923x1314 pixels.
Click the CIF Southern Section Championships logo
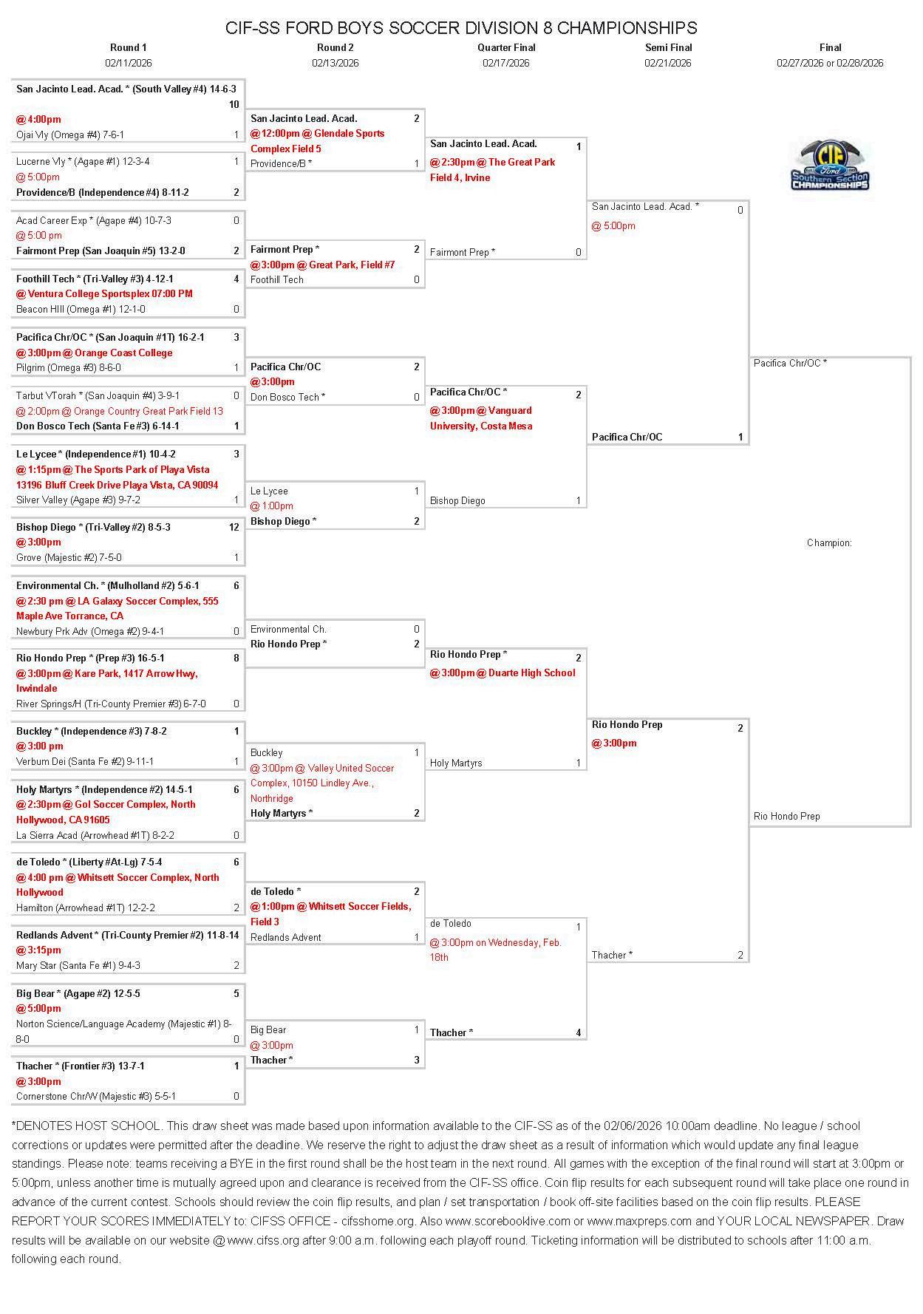[x=830, y=166]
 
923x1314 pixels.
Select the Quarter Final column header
[x=506, y=47]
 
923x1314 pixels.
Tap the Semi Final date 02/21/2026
[x=667, y=63]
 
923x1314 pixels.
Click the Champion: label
[x=829, y=543]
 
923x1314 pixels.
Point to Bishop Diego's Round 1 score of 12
[x=234, y=527]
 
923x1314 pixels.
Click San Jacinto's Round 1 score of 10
[x=234, y=104]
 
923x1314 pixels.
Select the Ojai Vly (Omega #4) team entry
[x=70, y=135]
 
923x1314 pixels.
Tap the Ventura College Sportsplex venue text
[x=104, y=293]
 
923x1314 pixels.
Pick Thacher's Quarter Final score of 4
[x=579, y=1033]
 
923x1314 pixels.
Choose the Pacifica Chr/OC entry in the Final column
[x=790, y=363]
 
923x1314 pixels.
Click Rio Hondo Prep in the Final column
[x=786, y=817]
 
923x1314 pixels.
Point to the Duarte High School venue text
[x=503, y=673]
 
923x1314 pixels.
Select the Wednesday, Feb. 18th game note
[x=495, y=950]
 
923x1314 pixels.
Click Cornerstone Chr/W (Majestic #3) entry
[x=96, y=1097]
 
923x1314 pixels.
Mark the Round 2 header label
[x=335, y=47]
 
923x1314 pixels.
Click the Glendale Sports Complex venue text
[x=318, y=141]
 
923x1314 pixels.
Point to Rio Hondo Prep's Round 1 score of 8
[x=236, y=658]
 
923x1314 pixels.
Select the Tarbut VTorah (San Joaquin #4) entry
[x=98, y=396]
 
